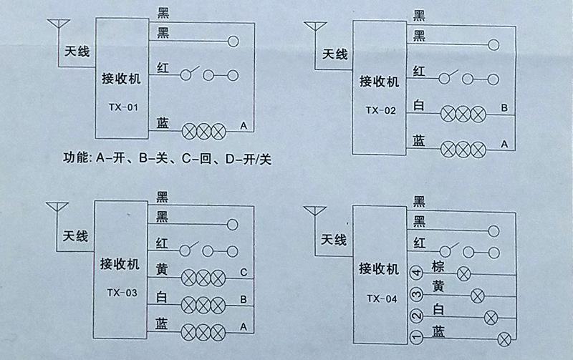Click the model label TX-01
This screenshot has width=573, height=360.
pyautogui.click(x=123, y=107)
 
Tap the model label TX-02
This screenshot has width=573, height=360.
pyautogui.click(x=381, y=110)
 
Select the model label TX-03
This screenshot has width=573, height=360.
pyautogui.click(x=122, y=293)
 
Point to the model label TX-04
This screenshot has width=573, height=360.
pyautogui.click(x=382, y=299)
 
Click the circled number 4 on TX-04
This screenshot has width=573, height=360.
pyautogui.click(x=416, y=272)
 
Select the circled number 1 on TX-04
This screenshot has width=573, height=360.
pyautogui.click(x=416, y=336)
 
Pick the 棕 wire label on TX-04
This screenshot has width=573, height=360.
pyautogui.click(x=438, y=266)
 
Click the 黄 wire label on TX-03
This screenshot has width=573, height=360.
pyautogui.click(x=162, y=269)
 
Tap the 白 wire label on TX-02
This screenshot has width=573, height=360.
pyautogui.click(x=419, y=105)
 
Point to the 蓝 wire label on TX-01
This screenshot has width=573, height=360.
pyautogui.click(x=163, y=123)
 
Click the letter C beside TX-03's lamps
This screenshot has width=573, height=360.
pyautogui.click(x=244, y=273)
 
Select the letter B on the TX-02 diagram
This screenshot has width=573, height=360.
pyautogui.click(x=504, y=108)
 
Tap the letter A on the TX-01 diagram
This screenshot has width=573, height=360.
pyautogui.click(x=244, y=126)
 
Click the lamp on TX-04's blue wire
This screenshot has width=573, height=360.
pyautogui.click(x=505, y=340)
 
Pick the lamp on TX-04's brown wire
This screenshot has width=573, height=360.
pyautogui.click(x=464, y=273)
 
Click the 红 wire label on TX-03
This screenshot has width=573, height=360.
pyautogui.click(x=162, y=243)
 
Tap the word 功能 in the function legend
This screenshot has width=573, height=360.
pyautogui.click(x=75, y=157)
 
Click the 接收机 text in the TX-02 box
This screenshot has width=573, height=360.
pyautogui.click(x=379, y=82)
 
